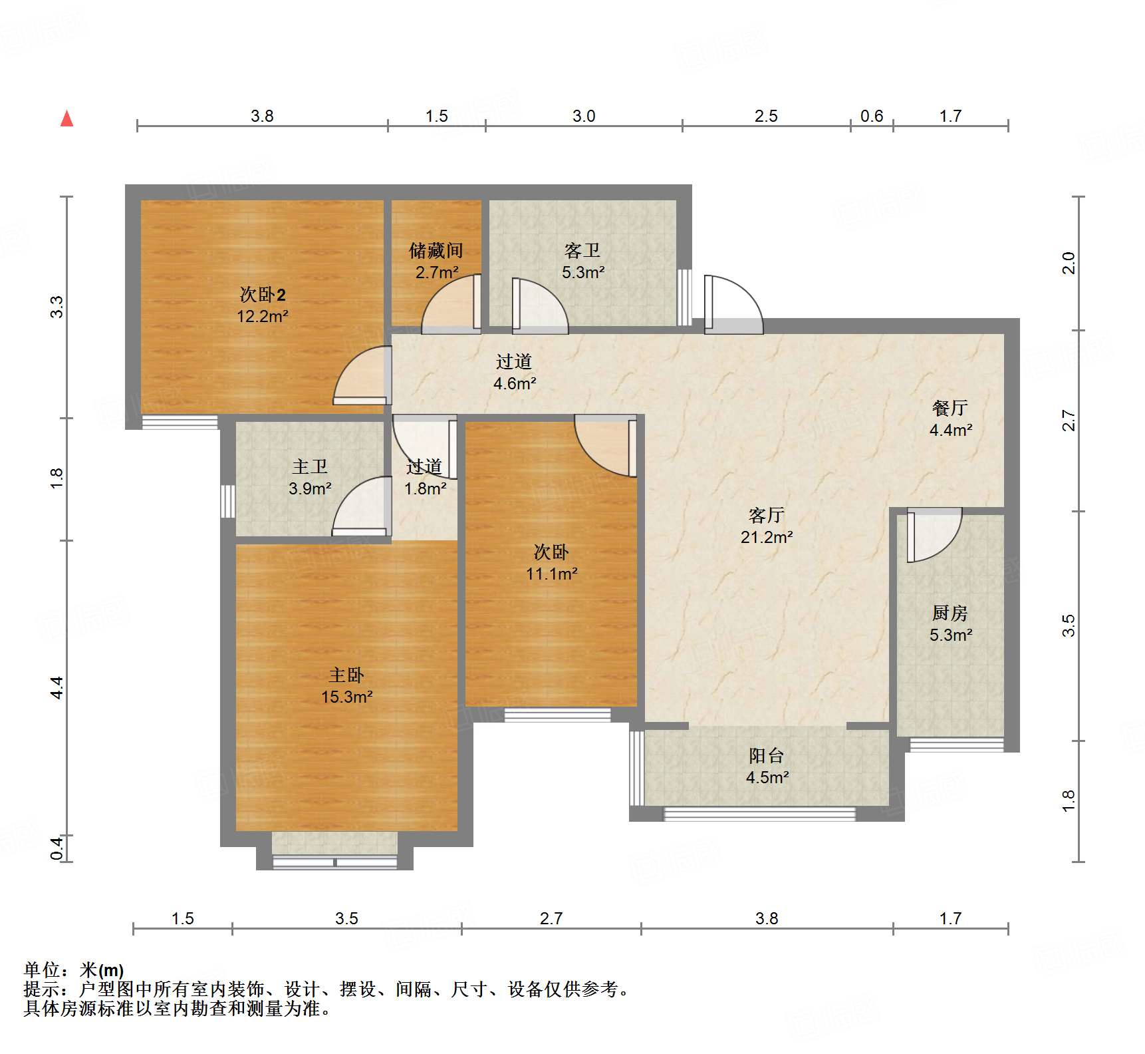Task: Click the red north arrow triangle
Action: click(66, 119)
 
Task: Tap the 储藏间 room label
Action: click(436, 251)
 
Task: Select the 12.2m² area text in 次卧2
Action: click(262, 316)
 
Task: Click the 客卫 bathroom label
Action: click(582, 251)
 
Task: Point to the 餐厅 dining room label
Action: click(950, 408)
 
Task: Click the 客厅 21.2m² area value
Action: click(766, 537)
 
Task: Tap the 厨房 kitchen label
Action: click(950, 613)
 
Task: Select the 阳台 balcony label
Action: click(766, 756)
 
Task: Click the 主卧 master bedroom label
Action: click(346, 675)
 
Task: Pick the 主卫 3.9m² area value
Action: click(310, 488)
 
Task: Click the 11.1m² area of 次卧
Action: click(551, 574)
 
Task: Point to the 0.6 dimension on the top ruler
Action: click(871, 116)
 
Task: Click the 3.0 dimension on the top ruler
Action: click(583, 116)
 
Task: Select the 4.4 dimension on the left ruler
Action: click(57, 687)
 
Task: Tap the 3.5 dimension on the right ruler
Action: click(1068, 625)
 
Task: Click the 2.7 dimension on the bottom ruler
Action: click(551, 919)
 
